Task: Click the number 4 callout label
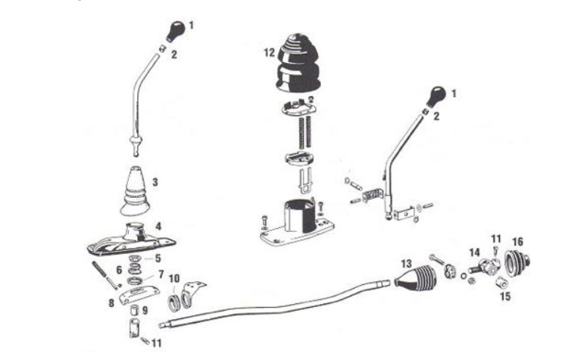(158, 225)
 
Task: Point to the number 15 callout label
(506, 297)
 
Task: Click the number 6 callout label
(119, 271)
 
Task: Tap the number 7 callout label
(160, 273)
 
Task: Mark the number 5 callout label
(158, 258)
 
